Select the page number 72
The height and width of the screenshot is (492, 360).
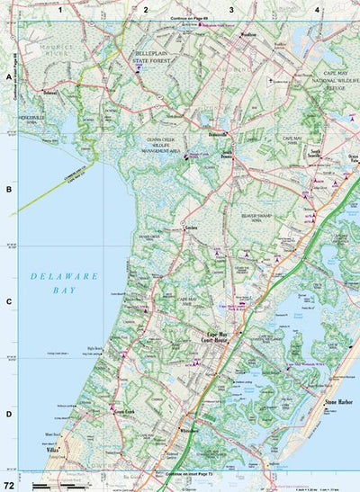[x=9, y=485]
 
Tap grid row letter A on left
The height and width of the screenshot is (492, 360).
[x=9, y=78]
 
